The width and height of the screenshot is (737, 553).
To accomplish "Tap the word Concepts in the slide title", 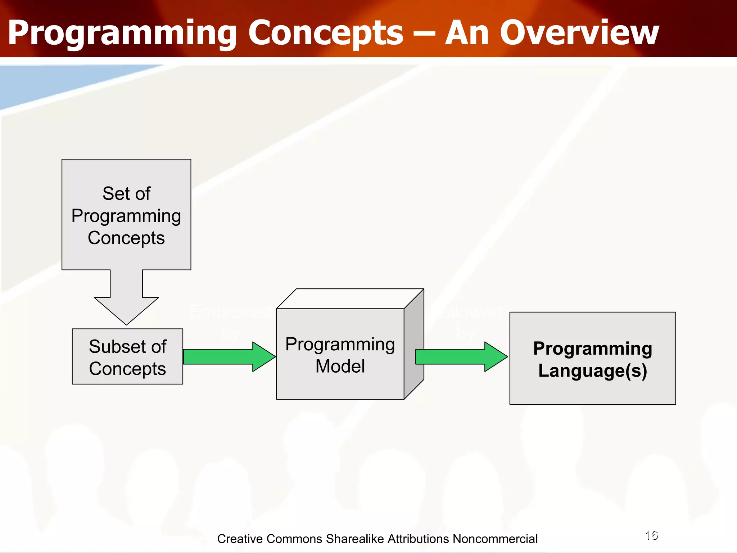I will coord(326,33).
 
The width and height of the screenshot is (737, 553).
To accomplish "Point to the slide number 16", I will coord(651,535).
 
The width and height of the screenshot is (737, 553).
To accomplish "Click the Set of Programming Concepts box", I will coord(126,214).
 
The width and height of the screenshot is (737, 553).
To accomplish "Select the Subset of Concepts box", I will coord(127,356).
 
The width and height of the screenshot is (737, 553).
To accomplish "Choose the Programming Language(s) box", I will coord(592,358).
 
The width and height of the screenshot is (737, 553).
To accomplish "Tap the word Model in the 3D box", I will coord(340,367).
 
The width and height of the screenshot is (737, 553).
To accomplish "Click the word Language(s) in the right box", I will coord(593,371).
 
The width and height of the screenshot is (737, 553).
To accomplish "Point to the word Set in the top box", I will coord(115,194).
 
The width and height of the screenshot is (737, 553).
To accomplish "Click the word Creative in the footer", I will coord(240,539).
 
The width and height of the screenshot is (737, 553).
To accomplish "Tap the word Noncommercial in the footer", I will coord(495,539).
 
